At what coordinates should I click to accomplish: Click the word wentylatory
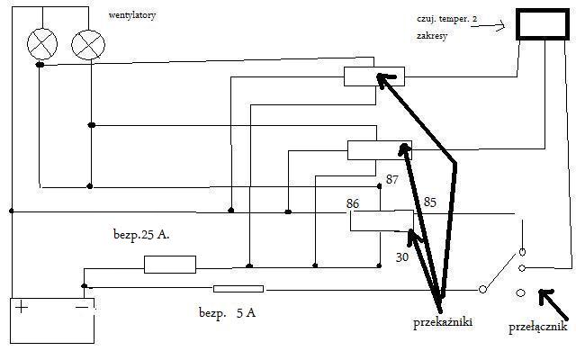tap(132, 15)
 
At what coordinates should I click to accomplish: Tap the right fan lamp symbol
tap(88, 43)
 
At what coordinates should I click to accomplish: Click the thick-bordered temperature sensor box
tap(542, 24)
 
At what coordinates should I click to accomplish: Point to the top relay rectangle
tap(373, 77)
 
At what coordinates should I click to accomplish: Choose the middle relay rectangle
tap(379, 149)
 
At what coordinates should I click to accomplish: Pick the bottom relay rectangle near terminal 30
tap(382, 220)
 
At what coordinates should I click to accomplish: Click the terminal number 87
tap(391, 180)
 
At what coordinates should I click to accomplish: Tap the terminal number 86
tap(353, 204)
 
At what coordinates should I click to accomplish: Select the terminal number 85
tap(429, 202)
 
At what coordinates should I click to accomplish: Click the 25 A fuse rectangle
tap(169, 265)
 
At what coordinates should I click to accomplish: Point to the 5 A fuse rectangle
tap(238, 289)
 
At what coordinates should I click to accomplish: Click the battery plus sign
tap(21, 308)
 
